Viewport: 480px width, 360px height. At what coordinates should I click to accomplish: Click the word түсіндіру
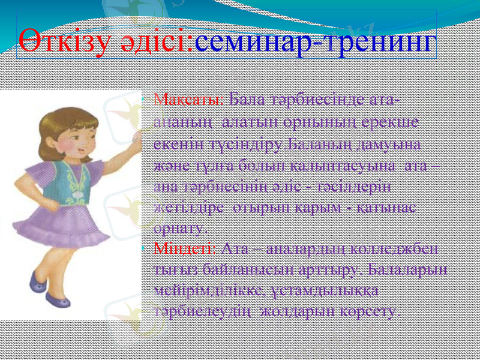[243, 145]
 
